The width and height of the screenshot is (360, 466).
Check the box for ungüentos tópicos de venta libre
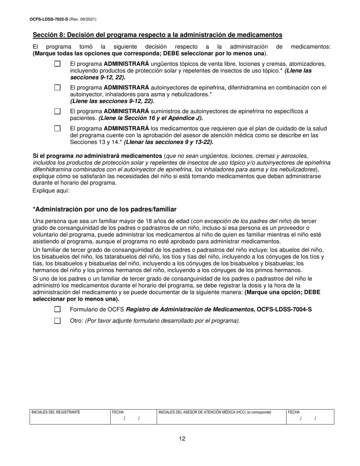57,64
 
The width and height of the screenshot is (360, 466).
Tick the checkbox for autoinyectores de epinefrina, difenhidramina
57,88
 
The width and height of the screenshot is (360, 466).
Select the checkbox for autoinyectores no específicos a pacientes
57,111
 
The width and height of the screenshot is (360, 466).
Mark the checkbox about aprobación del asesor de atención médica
57,128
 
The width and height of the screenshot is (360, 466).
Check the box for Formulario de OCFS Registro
57,309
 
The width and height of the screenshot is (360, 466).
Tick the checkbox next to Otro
57,321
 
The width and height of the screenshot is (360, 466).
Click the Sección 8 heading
157,35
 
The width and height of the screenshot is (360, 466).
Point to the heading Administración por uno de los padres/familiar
105,209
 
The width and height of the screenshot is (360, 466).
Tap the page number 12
182,439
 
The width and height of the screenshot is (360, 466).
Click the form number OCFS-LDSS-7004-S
284,309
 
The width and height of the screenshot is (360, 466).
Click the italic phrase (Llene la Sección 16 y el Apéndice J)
151,118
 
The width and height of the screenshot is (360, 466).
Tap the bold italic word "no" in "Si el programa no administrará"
78,156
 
